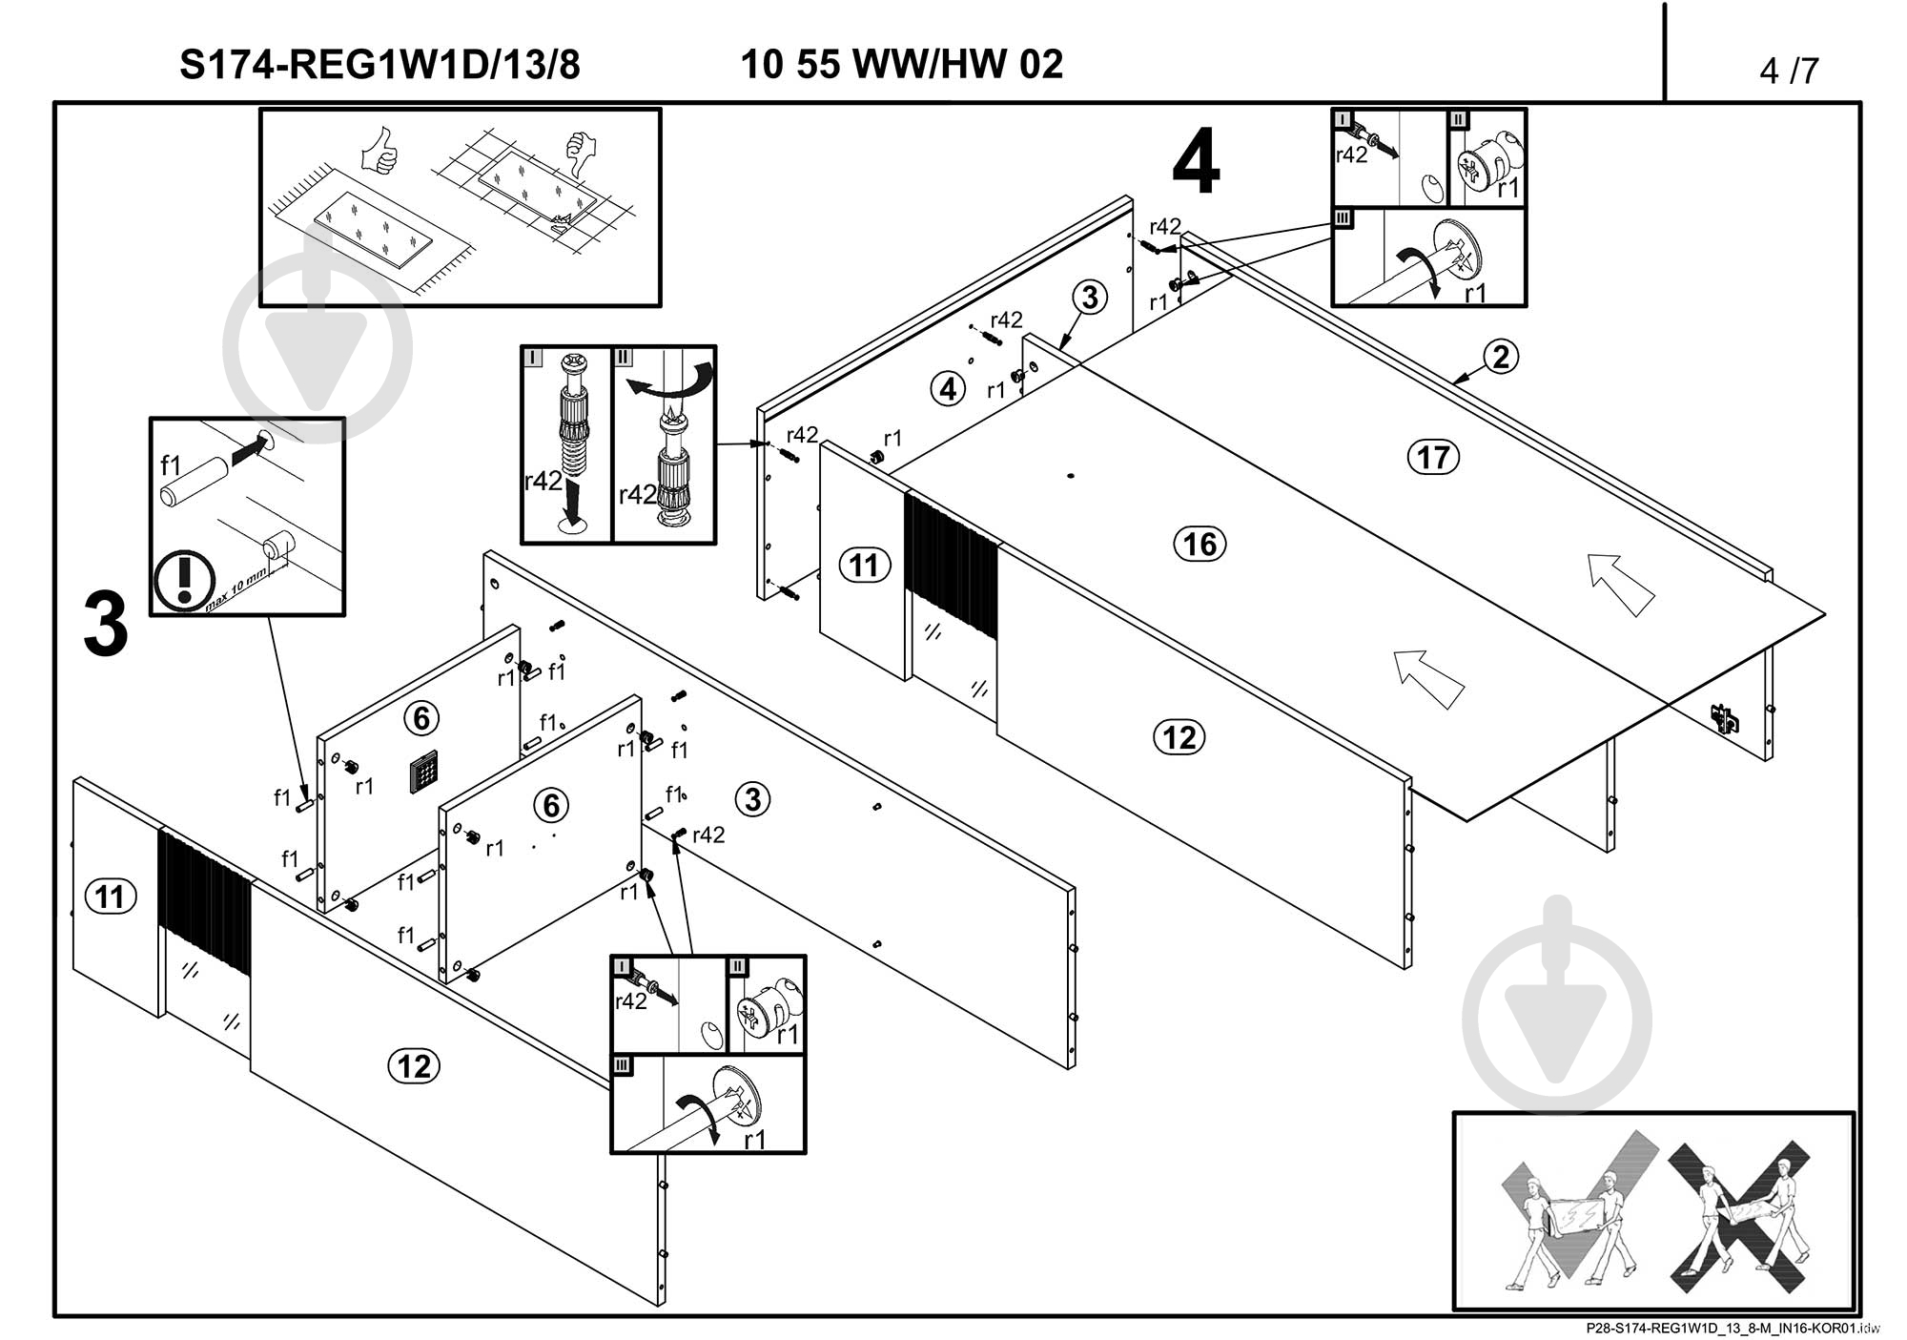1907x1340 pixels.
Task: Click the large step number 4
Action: [1196, 164]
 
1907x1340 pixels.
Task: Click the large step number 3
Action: [106, 626]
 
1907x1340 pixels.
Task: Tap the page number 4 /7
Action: [1789, 71]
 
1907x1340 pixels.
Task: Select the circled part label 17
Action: [1433, 458]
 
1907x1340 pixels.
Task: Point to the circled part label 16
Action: [1199, 545]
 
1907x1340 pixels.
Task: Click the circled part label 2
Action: [1501, 357]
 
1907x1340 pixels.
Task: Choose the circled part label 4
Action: [947, 389]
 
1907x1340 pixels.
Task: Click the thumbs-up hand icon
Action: [379, 151]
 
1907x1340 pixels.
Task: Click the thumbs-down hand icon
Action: [579, 153]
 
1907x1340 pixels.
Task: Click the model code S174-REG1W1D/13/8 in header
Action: [379, 66]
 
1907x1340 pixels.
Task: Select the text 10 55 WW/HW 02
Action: [901, 65]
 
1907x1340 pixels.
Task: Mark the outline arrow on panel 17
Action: [1620, 584]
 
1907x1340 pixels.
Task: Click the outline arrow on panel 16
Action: [1427, 678]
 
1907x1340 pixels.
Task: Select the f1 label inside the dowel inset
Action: [171, 465]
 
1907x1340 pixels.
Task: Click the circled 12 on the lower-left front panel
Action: [414, 1065]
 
